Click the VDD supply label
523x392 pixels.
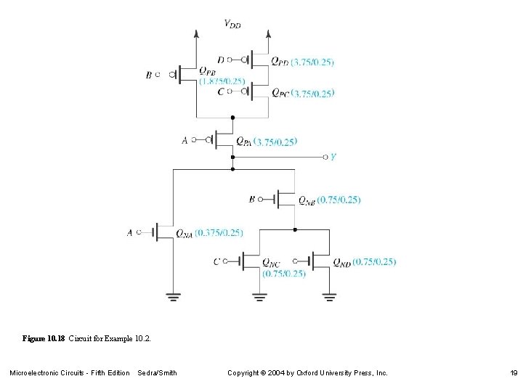point(232,24)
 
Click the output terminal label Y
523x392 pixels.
point(333,157)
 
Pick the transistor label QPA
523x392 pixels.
point(243,142)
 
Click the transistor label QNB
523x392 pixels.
point(307,200)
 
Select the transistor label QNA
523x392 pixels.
point(184,233)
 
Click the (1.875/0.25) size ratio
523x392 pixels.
point(222,81)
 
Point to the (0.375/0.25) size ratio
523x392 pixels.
point(219,232)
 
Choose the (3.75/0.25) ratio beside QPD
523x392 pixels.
point(312,62)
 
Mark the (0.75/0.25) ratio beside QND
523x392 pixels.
point(375,261)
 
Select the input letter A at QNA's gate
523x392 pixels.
point(129,232)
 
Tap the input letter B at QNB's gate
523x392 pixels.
point(251,198)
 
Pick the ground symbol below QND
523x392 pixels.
point(330,295)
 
